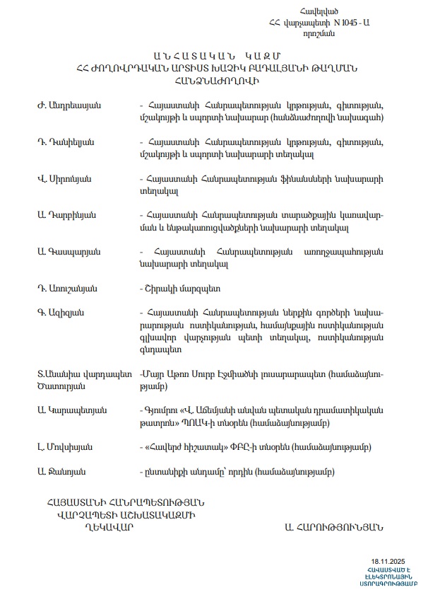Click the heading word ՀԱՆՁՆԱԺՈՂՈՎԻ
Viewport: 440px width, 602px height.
click(x=218, y=81)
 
